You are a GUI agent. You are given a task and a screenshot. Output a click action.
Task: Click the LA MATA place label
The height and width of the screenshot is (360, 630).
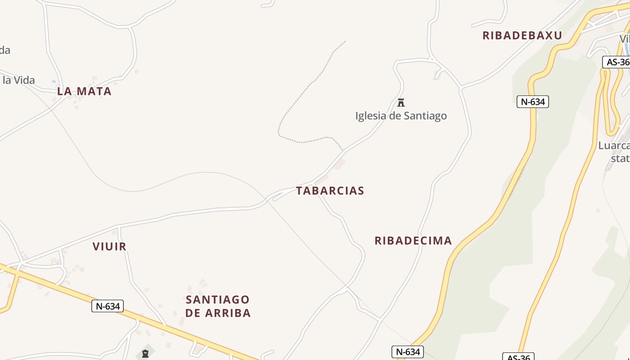tap(84, 91)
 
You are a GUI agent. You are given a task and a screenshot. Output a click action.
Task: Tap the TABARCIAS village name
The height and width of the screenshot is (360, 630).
tap(330, 191)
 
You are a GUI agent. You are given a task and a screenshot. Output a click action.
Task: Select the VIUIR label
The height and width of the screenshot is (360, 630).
tap(109, 247)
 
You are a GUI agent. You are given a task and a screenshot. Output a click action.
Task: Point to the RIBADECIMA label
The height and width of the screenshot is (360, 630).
tap(413, 241)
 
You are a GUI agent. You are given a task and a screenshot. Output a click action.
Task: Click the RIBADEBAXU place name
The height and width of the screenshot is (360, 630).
tap(522, 36)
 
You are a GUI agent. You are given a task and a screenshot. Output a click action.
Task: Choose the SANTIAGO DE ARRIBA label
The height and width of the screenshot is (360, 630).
tap(218, 306)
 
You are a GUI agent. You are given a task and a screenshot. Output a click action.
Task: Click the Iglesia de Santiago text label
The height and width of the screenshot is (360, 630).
tap(401, 116)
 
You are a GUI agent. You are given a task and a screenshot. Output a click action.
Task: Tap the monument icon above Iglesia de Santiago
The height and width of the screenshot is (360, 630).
tap(401, 103)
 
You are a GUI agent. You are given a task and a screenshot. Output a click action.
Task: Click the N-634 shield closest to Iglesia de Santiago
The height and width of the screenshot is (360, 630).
tap(532, 102)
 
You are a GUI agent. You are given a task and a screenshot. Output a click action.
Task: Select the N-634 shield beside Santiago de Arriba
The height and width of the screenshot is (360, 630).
tap(108, 306)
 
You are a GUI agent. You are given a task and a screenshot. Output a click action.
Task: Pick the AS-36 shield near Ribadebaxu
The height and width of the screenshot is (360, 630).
tap(617, 62)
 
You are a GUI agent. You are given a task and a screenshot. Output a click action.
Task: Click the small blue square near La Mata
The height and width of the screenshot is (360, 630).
tap(54, 81)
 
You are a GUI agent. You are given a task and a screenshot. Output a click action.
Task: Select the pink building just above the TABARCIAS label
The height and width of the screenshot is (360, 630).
tap(340, 164)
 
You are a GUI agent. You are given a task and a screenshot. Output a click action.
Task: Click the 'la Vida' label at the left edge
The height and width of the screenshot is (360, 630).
tap(18, 81)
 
